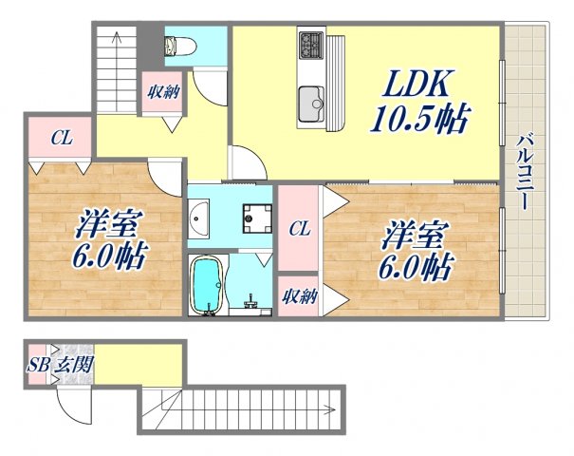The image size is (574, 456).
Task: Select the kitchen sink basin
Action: click(x=311, y=100)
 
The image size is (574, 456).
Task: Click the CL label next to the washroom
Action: click(x=299, y=228)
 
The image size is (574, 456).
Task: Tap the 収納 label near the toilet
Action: click(x=161, y=92)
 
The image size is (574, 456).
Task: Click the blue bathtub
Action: click(x=206, y=285)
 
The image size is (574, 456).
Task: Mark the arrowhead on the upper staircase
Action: click(x=115, y=38)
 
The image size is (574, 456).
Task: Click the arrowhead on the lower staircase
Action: click(x=334, y=411)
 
